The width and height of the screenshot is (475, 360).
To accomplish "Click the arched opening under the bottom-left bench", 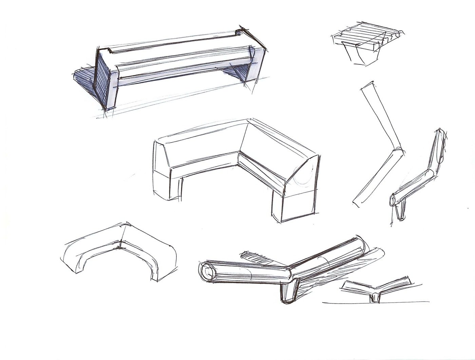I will click(119, 263).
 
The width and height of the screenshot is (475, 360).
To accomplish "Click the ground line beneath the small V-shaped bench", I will click(373, 303).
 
